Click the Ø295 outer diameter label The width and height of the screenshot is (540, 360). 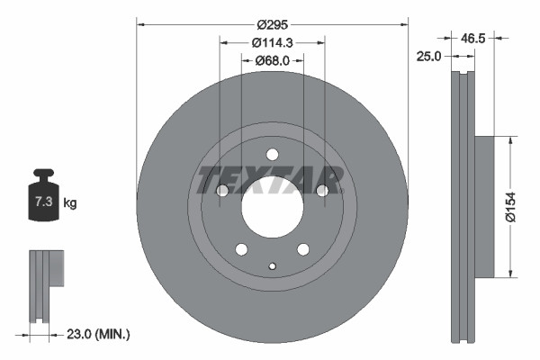coord(271,25)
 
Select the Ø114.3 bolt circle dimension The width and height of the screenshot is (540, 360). coord(271,43)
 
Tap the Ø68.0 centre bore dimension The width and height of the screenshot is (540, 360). coord(271,61)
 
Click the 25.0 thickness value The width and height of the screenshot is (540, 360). coord(428,57)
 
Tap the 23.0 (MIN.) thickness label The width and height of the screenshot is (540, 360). coord(98,334)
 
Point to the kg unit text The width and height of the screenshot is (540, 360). coord(70,203)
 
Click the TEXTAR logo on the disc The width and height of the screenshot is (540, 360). coord(271,180)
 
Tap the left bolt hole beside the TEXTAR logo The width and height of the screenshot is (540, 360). coord(222,190)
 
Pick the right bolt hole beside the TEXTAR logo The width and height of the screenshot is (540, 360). coord(320,190)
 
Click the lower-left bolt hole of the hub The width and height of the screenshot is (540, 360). coord(240,248)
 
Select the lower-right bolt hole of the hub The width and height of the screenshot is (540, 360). coord(302,248)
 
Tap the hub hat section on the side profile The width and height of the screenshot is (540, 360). coord(482,206)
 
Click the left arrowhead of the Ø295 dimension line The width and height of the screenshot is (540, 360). coord(140,25)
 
